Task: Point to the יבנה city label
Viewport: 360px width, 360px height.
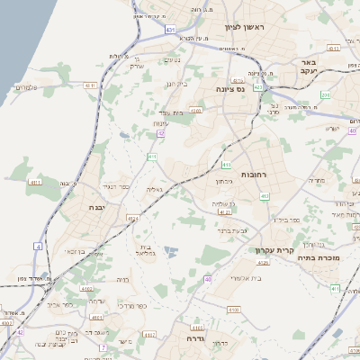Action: click(x=96, y=207)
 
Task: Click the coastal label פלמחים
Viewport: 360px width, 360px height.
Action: click(x=26, y=86)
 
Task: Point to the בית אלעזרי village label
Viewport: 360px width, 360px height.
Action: click(x=246, y=279)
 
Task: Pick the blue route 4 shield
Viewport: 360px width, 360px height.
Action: click(x=38, y=246)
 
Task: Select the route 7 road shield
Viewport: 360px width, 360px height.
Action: click(x=103, y=346)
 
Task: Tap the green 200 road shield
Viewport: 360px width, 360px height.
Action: click(x=326, y=94)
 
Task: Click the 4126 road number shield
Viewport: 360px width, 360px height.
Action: click(x=263, y=263)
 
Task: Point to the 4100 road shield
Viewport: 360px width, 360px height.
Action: click(x=7, y=321)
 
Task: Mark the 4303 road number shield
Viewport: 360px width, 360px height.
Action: click(x=196, y=110)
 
